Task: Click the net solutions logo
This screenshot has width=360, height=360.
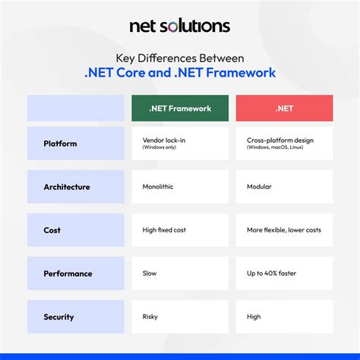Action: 180,26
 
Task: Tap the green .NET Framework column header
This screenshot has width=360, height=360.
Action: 179,108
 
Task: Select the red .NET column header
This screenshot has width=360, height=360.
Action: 284,108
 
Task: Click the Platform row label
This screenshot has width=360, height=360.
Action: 75,144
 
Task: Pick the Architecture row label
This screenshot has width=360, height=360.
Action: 75,187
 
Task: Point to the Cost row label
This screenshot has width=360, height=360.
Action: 75,230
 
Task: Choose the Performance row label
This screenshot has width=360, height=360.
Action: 75,273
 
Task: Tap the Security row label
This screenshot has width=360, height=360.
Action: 75,317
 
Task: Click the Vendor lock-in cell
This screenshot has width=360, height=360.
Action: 179,144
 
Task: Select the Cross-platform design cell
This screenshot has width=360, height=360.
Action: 284,144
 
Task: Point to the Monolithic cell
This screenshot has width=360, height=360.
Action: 179,187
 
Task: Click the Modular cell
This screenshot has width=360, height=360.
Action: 284,187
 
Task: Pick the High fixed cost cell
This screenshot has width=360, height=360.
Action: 179,230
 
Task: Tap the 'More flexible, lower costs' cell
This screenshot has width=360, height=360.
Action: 284,230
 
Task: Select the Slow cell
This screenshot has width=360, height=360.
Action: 179,273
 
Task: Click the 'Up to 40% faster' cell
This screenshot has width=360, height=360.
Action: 284,273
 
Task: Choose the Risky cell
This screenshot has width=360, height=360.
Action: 179,317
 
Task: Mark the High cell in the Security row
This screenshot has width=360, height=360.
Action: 284,317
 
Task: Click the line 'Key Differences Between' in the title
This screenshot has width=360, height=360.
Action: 180,57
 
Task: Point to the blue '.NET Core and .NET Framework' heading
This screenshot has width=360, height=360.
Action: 180,73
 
